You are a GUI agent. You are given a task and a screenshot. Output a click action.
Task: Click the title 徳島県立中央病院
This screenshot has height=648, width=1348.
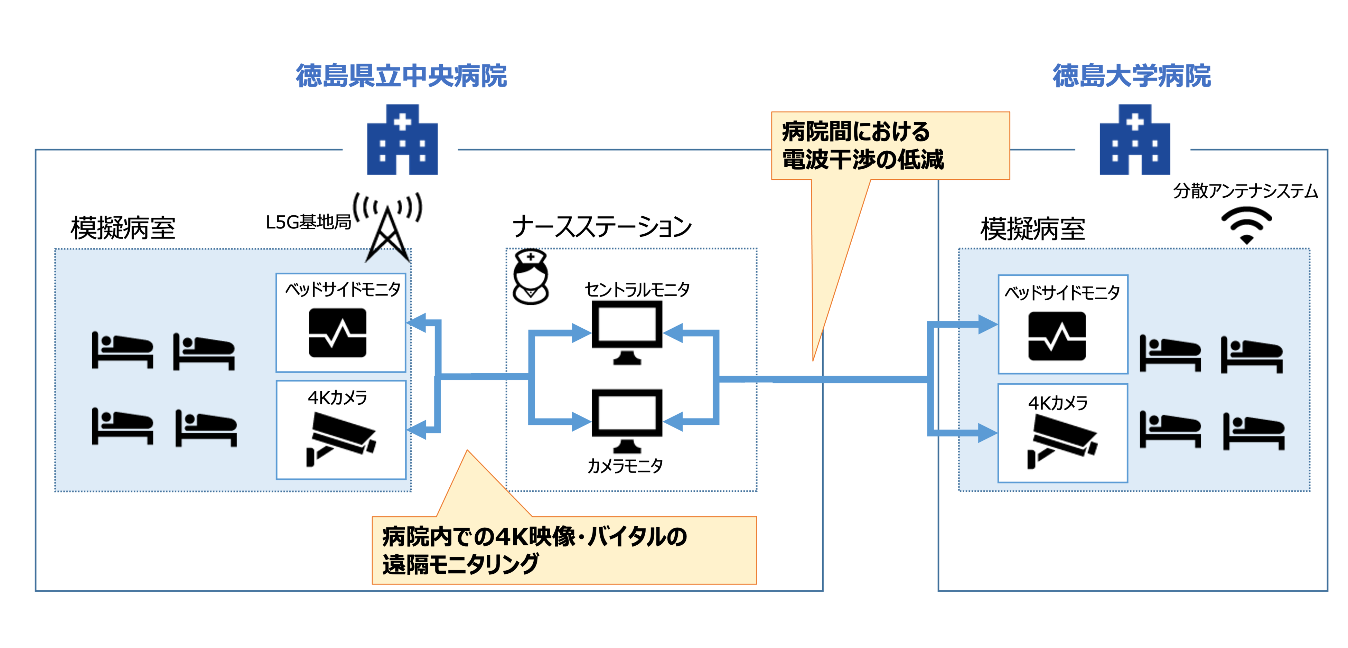pyautogui.click(x=401, y=76)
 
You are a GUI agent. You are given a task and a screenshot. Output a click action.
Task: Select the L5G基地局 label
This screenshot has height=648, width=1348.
pyautogui.click(x=308, y=223)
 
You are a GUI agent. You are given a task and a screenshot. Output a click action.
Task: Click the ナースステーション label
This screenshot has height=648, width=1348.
pyautogui.click(x=602, y=227)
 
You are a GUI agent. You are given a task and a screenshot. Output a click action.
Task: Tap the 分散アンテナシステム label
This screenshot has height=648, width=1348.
pyautogui.click(x=1245, y=191)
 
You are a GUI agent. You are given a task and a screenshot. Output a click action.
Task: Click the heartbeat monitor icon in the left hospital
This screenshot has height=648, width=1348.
pyautogui.click(x=338, y=333)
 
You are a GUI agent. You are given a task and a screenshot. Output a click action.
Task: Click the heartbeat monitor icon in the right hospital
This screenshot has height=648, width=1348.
pyautogui.click(x=1057, y=336)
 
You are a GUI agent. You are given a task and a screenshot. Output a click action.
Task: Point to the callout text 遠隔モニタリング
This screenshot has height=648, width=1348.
pyautogui.click(x=460, y=564)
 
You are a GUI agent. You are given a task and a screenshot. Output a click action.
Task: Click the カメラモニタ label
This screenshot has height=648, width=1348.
pyautogui.click(x=625, y=465)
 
